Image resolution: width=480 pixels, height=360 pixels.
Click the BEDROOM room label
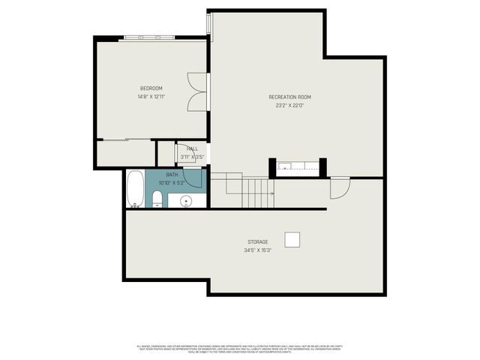(x=151, y=88)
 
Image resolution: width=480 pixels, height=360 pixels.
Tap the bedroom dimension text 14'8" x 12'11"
(x=151, y=97)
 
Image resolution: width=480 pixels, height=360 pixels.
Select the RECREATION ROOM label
(x=289, y=97)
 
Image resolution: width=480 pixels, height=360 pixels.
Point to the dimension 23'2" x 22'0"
(x=289, y=106)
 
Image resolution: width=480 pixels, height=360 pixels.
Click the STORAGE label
(x=257, y=241)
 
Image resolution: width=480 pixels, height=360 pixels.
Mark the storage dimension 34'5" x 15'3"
(x=257, y=250)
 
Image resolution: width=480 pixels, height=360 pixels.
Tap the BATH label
(x=162, y=174)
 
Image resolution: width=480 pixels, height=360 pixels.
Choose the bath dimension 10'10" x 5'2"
(x=169, y=182)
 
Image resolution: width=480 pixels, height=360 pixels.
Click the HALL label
(x=193, y=148)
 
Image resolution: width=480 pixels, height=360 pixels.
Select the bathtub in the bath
(x=136, y=189)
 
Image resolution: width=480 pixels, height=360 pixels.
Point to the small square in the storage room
(x=292, y=239)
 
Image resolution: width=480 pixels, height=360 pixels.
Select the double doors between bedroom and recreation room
(x=197, y=92)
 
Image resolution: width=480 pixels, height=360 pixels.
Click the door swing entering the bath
(x=193, y=178)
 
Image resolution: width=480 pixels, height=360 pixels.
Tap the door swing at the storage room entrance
(x=340, y=188)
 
